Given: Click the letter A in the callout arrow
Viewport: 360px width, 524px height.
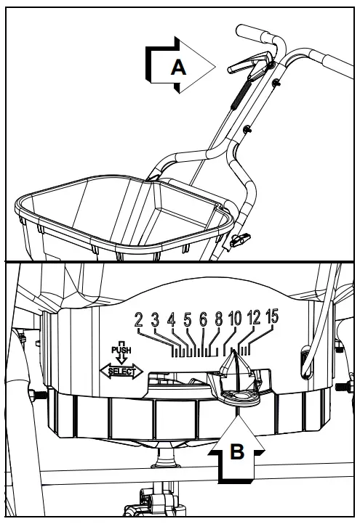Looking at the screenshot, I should (178, 67).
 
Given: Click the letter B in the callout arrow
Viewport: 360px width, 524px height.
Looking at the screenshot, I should (236, 451).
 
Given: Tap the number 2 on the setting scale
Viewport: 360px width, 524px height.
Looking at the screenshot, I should (138, 319).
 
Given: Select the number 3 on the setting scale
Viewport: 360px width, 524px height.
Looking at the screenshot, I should (154, 319).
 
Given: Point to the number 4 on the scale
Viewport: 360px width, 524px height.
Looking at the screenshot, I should (172, 319).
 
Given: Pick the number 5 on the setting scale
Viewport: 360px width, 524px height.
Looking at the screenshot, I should (188, 319).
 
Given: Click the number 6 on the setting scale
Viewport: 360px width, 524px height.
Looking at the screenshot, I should (204, 319).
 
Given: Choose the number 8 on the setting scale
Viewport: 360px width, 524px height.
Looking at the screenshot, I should (219, 319).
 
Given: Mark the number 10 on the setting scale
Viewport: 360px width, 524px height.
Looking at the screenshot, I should (235, 319).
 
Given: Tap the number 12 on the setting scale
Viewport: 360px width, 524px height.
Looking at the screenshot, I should (254, 318).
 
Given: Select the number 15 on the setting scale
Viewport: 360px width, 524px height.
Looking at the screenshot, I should (272, 317).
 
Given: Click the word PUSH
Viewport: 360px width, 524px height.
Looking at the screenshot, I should (121, 350).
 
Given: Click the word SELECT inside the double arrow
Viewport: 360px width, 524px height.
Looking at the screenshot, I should (121, 372).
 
